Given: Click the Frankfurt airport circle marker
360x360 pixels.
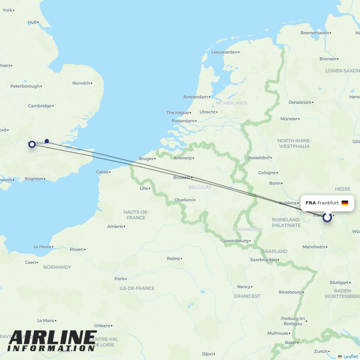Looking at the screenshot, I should click(327, 217).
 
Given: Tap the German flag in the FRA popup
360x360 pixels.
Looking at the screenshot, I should click(345, 203).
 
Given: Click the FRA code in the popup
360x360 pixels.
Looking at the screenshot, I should click(311, 203).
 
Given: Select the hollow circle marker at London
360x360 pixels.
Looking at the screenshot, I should click(32, 144).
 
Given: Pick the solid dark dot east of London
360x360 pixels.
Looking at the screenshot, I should click(47, 141).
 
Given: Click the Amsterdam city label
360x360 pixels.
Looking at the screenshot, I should click(196, 97).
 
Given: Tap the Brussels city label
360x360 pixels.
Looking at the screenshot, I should click(181, 177).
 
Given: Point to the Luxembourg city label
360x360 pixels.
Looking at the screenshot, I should click(235, 241).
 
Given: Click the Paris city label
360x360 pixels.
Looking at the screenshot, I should click(120, 279).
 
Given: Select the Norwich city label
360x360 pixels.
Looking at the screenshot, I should click(81, 83).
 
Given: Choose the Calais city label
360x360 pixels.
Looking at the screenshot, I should click(102, 172).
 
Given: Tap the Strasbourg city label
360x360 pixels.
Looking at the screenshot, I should click(290, 292).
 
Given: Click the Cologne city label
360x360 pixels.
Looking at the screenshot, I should click(267, 173).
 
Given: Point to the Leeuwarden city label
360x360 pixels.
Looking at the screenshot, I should click(225, 52).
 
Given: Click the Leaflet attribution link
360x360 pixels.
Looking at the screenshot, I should click(350, 356).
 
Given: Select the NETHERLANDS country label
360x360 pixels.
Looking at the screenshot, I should click(231, 103).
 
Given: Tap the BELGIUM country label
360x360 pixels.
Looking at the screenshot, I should click(199, 187).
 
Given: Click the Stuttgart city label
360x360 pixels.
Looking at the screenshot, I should click(339, 283).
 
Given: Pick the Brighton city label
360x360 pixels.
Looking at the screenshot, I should click(34, 179).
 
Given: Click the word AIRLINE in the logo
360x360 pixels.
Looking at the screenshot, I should click(52, 338).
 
